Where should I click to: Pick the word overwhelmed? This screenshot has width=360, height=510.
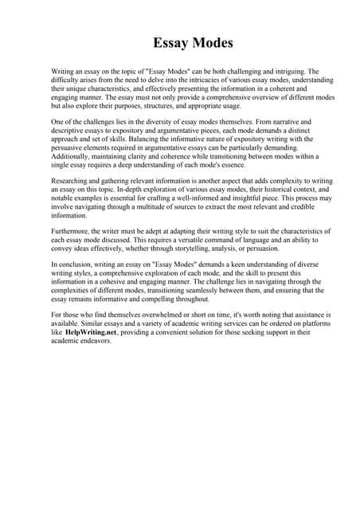[x=155, y=316]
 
